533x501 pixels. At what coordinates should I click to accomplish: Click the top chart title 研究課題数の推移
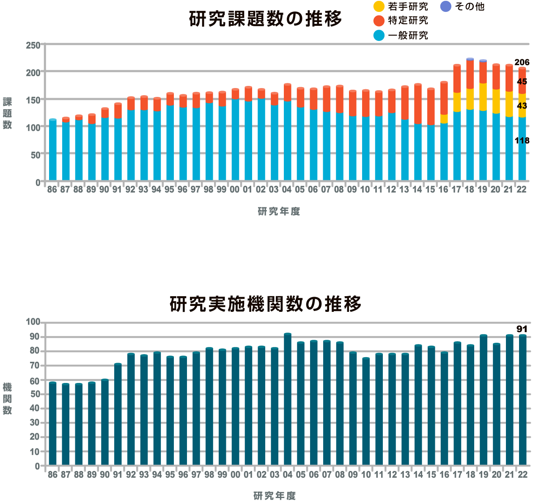click(265, 19)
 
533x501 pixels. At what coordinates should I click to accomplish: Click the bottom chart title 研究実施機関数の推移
click(265, 304)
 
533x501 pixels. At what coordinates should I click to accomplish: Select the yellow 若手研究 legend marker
click(379, 6)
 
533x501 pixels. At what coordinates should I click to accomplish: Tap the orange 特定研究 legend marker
click(379, 21)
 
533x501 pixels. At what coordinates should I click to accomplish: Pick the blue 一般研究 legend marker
click(379, 36)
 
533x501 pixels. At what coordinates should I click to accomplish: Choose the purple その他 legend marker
click(446, 6)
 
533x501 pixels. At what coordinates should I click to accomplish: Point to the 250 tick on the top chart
click(33, 45)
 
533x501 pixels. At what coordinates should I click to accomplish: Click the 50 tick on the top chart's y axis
click(36, 155)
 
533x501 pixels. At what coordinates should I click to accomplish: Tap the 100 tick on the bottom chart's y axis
click(33, 322)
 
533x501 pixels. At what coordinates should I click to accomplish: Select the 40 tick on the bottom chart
click(35, 408)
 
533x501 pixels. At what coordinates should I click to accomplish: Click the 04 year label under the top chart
click(287, 190)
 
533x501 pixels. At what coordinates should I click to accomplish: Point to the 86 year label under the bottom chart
click(52, 475)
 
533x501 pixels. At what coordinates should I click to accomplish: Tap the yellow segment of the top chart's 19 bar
click(483, 97)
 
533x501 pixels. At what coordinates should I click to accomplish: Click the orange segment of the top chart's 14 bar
click(418, 104)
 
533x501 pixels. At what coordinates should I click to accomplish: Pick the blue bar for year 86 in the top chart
click(52, 150)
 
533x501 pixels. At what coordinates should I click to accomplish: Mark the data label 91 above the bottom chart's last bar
click(522, 329)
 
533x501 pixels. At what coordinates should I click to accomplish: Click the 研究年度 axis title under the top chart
click(279, 212)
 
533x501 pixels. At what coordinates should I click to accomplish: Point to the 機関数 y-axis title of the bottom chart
click(8, 399)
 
